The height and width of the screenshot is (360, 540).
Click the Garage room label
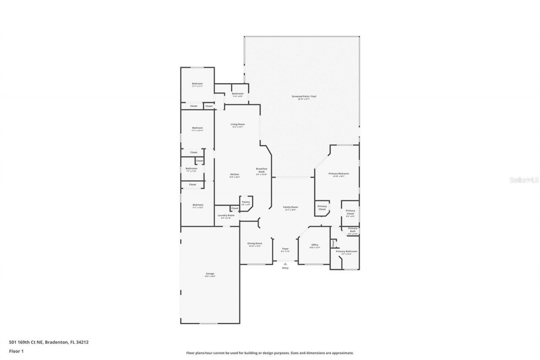210,274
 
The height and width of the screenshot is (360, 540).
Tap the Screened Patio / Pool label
304,97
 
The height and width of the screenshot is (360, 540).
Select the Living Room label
238,125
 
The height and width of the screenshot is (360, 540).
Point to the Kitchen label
235,175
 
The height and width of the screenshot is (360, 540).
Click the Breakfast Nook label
262,171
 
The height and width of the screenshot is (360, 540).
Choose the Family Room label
290,207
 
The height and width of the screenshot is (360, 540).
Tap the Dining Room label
255,244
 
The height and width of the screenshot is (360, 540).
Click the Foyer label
285,249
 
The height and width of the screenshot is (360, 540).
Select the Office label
315,245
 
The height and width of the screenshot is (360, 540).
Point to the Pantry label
246,202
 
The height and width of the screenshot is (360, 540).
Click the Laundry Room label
226,216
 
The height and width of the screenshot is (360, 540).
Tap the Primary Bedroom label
338,174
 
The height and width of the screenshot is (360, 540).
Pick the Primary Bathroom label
346,252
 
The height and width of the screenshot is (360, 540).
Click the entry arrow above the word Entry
285,264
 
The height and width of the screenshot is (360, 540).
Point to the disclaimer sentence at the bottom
270,353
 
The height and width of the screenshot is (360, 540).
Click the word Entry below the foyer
285,268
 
